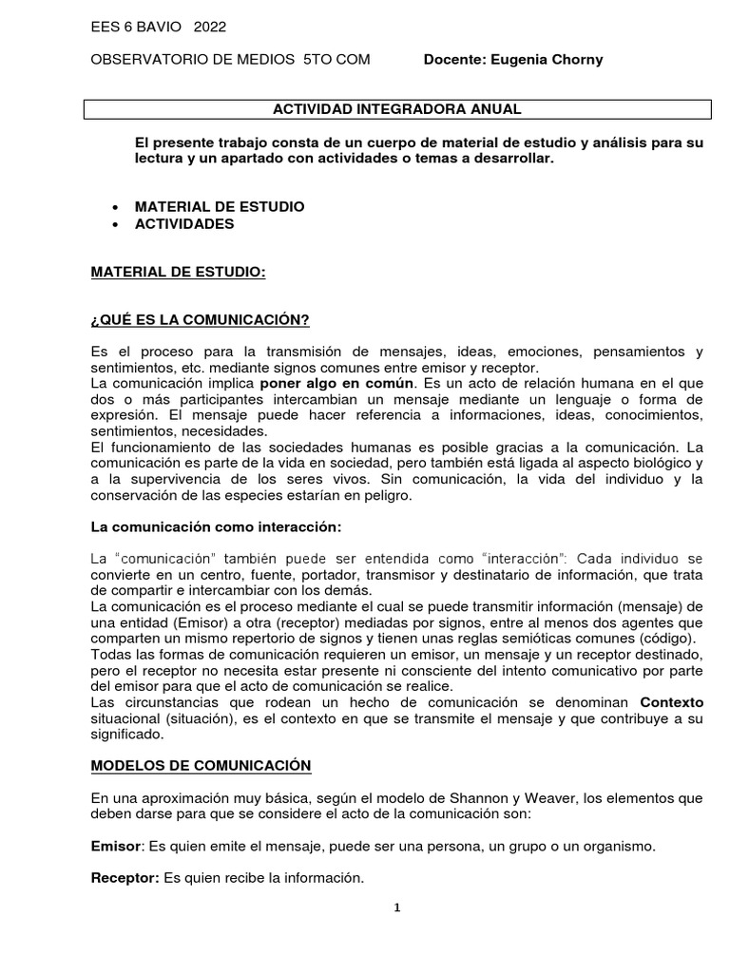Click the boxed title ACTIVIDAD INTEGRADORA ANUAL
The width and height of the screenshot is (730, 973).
coord(397,109)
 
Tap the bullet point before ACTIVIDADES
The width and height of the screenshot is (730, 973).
coord(115,224)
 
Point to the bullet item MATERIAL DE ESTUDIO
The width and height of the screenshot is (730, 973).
coord(220,206)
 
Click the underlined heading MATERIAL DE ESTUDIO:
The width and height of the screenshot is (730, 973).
coord(178,273)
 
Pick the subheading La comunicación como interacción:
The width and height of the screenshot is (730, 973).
coord(215,526)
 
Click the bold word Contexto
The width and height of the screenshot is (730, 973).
coord(671,701)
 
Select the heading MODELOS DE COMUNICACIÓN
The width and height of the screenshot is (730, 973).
coord(201,765)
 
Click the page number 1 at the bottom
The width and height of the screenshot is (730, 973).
coord(397,907)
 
